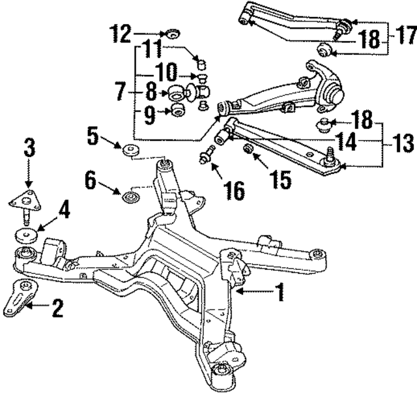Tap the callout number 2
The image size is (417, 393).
pyautogui.click(x=57, y=307)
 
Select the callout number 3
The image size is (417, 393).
pyautogui.click(x=28, y=147)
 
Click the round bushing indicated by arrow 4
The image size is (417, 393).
pyautogui.click(x=27, y=235)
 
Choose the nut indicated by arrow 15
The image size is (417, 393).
pyautogui.click(x=248, y=151)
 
